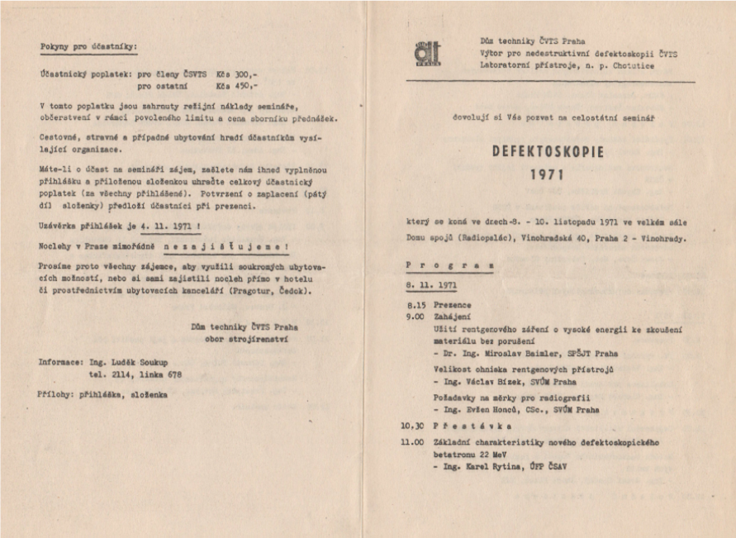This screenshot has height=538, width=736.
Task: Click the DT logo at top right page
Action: pos(428,53)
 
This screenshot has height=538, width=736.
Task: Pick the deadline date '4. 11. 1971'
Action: pos(159,225)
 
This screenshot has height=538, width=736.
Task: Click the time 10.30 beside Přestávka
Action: pos(413,426)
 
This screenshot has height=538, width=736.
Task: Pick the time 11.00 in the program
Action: pos(413,442)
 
